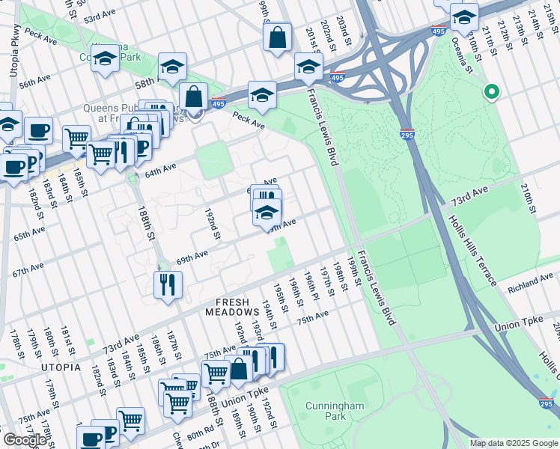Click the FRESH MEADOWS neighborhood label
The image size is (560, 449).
click(236, 302)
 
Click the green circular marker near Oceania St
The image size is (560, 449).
click(491, 93)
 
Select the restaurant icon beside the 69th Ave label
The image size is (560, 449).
click(167, 284)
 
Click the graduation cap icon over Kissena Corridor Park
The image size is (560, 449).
click(106, 57)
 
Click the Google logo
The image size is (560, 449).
click(24, 440)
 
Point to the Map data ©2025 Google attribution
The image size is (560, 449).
click(513, 443)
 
